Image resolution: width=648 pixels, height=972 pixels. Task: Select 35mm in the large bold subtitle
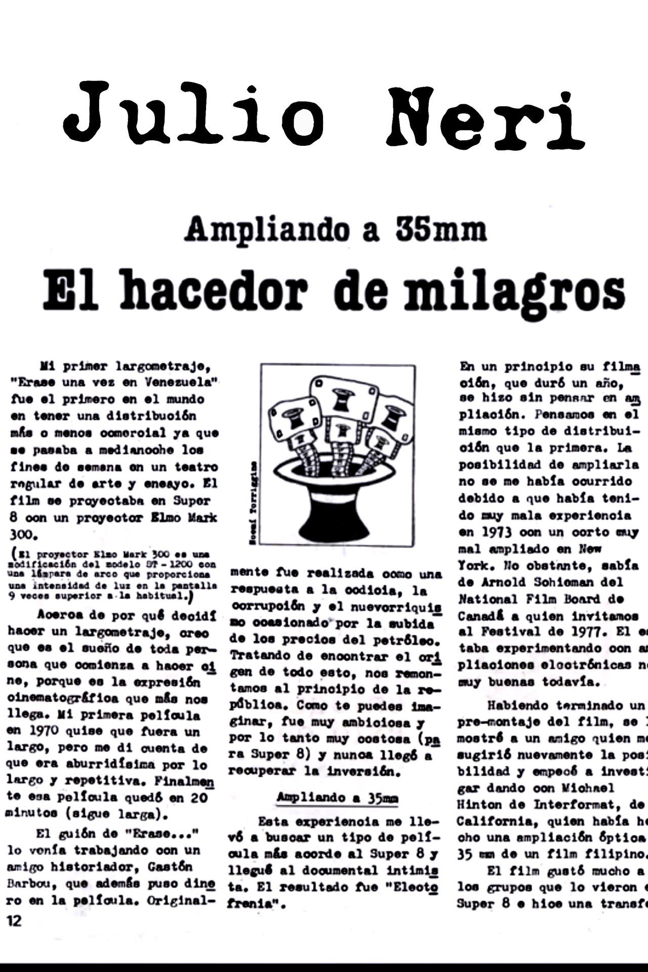click(x=441, y=229)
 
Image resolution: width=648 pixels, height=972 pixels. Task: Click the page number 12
click(x=15, y=920)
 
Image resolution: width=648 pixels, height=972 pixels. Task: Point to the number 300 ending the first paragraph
click(x=21, y=535)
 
